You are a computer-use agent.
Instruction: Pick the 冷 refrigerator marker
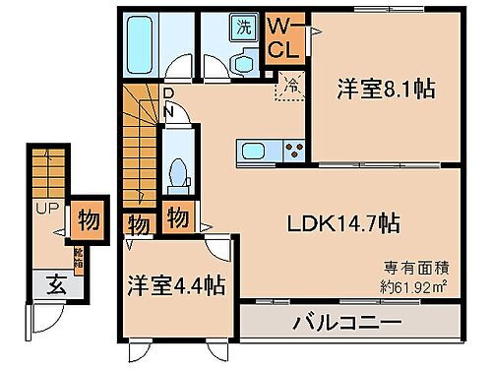(289, 85)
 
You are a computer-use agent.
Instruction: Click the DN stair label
(168, 102)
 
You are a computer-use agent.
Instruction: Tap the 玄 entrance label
(56, 285)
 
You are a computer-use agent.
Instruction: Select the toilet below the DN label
(177, 174)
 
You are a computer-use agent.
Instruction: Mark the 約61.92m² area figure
(416, 284)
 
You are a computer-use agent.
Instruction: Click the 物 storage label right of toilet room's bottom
(178, 217)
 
